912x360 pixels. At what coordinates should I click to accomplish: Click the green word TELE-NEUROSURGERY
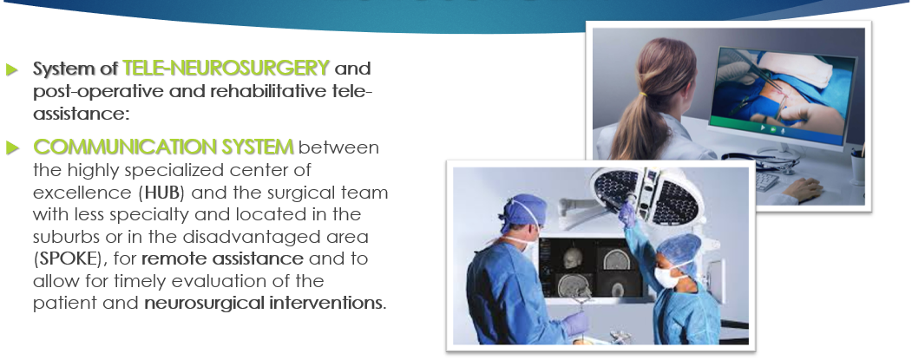point(226,68)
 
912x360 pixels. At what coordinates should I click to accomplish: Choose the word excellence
point(82,192)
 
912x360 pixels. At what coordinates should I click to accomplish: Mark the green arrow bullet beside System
point(12,69)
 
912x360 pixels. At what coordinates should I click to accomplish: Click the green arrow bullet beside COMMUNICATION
point(12,147)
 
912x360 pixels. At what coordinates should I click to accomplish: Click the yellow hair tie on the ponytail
point(643,93)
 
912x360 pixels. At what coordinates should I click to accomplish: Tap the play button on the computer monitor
point(763,128)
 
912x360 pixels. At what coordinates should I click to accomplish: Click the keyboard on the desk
point(766,181)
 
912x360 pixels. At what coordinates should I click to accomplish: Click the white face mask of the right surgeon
point(666,277)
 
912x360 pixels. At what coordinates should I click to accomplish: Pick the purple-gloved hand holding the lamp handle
point(627,214)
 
